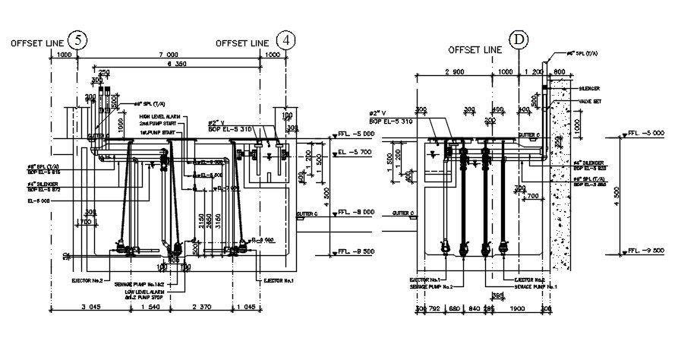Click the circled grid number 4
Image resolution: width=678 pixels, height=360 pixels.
point(286,41)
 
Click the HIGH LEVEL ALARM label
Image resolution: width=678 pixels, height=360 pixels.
point(157,116)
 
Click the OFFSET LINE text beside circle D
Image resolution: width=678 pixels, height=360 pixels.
point(476,49)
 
